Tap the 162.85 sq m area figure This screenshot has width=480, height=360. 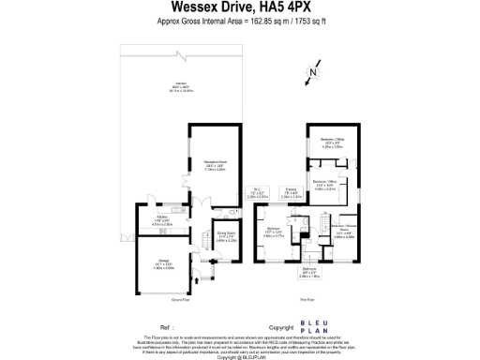pyautogui.click(x=257, y=29)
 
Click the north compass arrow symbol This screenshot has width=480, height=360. pyautogui.click(x=314, y=70)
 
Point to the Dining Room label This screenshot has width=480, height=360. pyautogui.click(x=226, y=236)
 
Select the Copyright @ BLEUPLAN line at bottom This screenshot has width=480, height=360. pyautogui.click(x=240, y=356)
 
